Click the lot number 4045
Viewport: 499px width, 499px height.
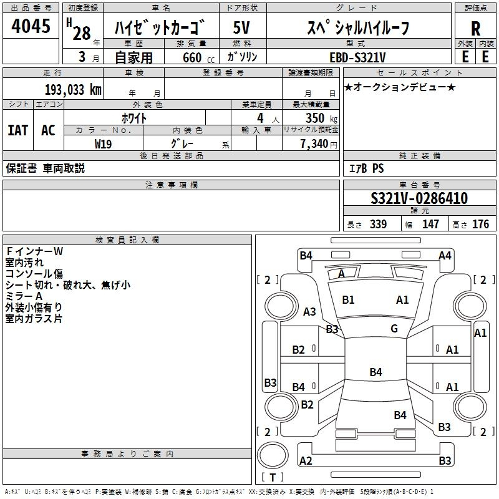click(31, 26)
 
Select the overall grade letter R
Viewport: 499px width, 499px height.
click(475, 29)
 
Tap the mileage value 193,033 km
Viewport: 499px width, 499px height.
click(73, 90)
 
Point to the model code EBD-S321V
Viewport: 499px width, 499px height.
click(357, 57)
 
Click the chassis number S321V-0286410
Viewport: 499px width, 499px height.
click(419, 198)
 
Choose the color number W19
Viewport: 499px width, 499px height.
click(103, 144)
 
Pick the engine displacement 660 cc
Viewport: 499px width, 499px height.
click(198, 57)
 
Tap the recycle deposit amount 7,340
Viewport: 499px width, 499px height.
click(314, 144)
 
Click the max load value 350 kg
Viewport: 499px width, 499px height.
click(321, 118)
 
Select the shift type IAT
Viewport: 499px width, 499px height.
click(18, 130)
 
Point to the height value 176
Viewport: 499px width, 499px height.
click(480, 224)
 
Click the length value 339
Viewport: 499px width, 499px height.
click(379, 224)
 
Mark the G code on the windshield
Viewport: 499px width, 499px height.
click(394, 329)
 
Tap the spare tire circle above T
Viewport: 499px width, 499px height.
click(273, 455)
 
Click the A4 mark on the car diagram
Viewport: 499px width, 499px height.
click(445, 256)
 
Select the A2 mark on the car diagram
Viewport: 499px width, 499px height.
click(306, 461)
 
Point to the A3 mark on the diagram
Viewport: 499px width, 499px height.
click(309, 311)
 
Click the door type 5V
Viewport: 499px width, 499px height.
click(241, 27)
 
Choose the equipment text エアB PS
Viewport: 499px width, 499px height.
click(367, 168)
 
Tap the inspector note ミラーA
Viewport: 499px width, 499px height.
click(24, 296)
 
